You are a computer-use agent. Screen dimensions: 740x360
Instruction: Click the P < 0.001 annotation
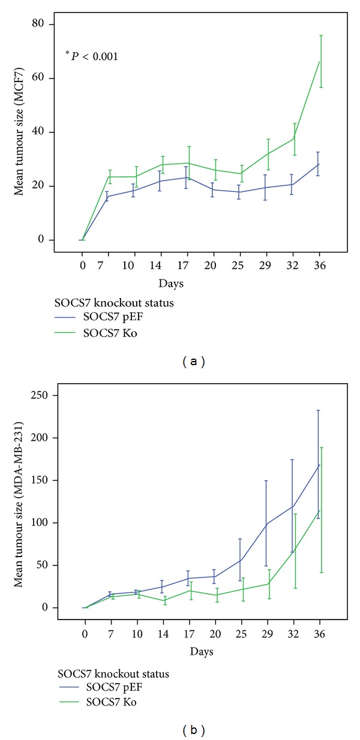[92, 56]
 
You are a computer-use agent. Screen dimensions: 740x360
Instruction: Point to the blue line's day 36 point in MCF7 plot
[318, 164]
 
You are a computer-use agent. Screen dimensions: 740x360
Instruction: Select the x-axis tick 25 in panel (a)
[239, 264]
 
